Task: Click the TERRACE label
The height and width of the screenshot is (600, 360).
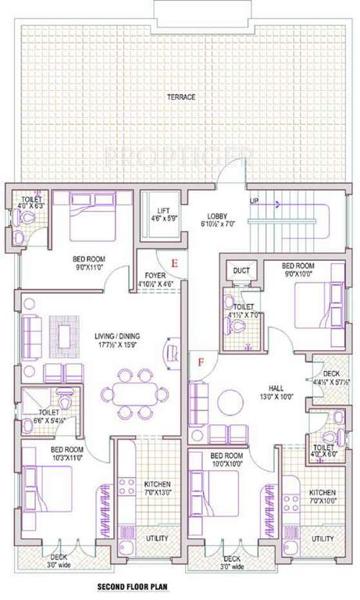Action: [180, 97]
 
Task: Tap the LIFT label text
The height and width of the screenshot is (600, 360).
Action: [163, 211]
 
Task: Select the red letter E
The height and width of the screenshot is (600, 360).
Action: [174, 263]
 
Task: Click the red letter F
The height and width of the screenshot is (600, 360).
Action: [201, 362]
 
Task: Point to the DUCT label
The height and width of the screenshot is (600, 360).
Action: [241, 270]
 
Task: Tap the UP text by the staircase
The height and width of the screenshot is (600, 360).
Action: [254, 202]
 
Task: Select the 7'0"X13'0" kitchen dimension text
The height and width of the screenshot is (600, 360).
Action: [157, 493]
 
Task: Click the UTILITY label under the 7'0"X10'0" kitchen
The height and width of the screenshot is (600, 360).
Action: [323, 539]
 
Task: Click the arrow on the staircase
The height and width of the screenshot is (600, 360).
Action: [277, 205]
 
